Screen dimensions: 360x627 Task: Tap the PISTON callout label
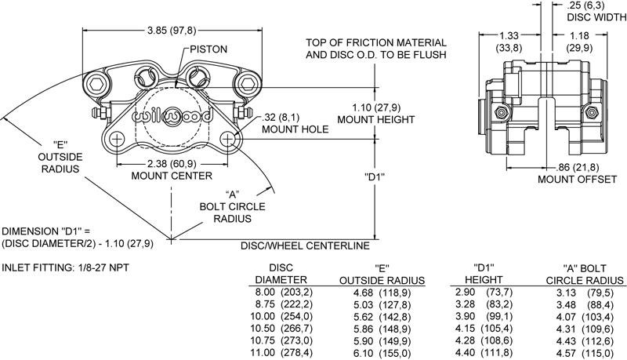(x=207, y=49)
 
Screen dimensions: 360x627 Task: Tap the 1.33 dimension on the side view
(x=507, y=35)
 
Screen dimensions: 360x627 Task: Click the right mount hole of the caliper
(x=229, y=139)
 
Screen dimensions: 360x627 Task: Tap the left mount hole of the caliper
(x=117, y=139)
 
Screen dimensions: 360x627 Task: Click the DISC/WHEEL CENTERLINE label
(x=304, y=246)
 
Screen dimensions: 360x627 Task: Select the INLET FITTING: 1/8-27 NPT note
(x=66, y=267)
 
